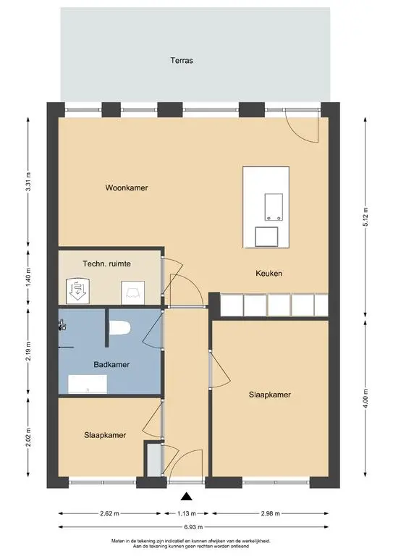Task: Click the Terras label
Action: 182,60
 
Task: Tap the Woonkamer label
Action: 127,188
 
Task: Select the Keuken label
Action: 269,273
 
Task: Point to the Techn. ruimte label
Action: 106,264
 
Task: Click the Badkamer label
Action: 111,365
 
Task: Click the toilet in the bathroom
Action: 119,328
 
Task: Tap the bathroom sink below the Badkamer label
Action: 88,384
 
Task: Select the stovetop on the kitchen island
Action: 274,207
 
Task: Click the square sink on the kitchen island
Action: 266,237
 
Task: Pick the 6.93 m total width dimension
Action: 193,527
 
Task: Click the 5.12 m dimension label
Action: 365,216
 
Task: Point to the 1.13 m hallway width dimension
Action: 187,513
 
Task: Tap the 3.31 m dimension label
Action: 28,182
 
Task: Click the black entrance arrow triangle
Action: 187,497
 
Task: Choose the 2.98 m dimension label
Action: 271,513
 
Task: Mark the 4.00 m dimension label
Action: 365,399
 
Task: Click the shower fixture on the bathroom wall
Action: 62,325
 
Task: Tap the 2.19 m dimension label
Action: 28,351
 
